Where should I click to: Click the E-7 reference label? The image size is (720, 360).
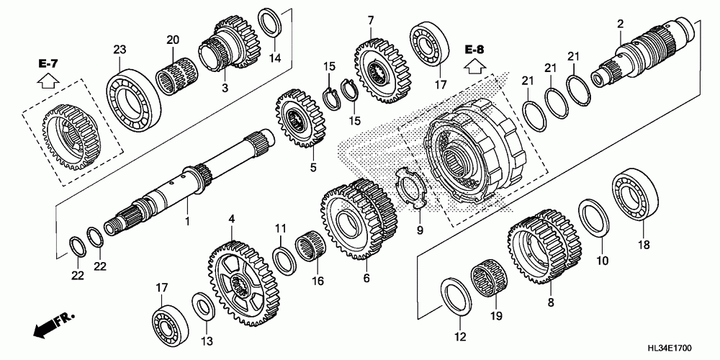tap(48, 65)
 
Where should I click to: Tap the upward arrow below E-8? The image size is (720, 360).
tap(474, 66)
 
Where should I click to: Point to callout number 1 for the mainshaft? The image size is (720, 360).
tap(187, 221)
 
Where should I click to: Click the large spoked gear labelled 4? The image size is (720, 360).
tap(243, 283)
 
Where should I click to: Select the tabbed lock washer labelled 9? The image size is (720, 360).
tap(411, 189)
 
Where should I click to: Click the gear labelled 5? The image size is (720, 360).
tap(302, 119)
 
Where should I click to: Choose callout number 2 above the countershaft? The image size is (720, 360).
tap(621, 25)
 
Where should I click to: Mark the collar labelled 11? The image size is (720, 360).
tap(284, 261)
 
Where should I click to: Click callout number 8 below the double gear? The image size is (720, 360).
tap(551, 302)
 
